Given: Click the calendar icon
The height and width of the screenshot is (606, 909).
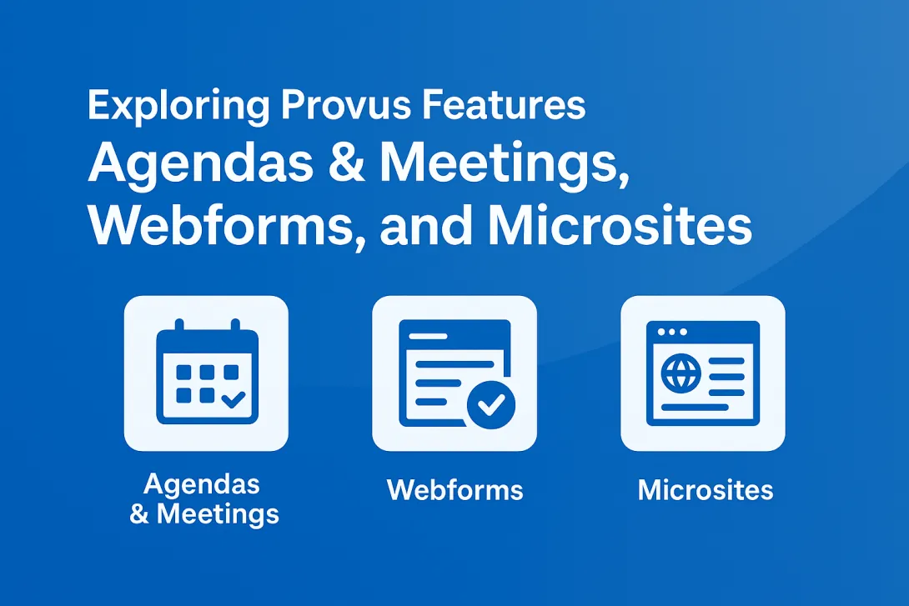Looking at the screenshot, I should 206,373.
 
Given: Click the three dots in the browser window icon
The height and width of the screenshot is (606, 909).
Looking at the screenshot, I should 672,332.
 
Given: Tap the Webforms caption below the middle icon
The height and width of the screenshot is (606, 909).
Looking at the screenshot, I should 454,489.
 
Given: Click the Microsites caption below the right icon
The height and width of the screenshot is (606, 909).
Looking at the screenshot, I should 706,489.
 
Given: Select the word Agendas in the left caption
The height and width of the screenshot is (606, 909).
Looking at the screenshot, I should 202,483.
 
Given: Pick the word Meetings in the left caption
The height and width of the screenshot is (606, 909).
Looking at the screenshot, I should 217,513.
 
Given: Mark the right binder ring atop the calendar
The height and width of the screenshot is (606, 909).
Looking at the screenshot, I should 235,328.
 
